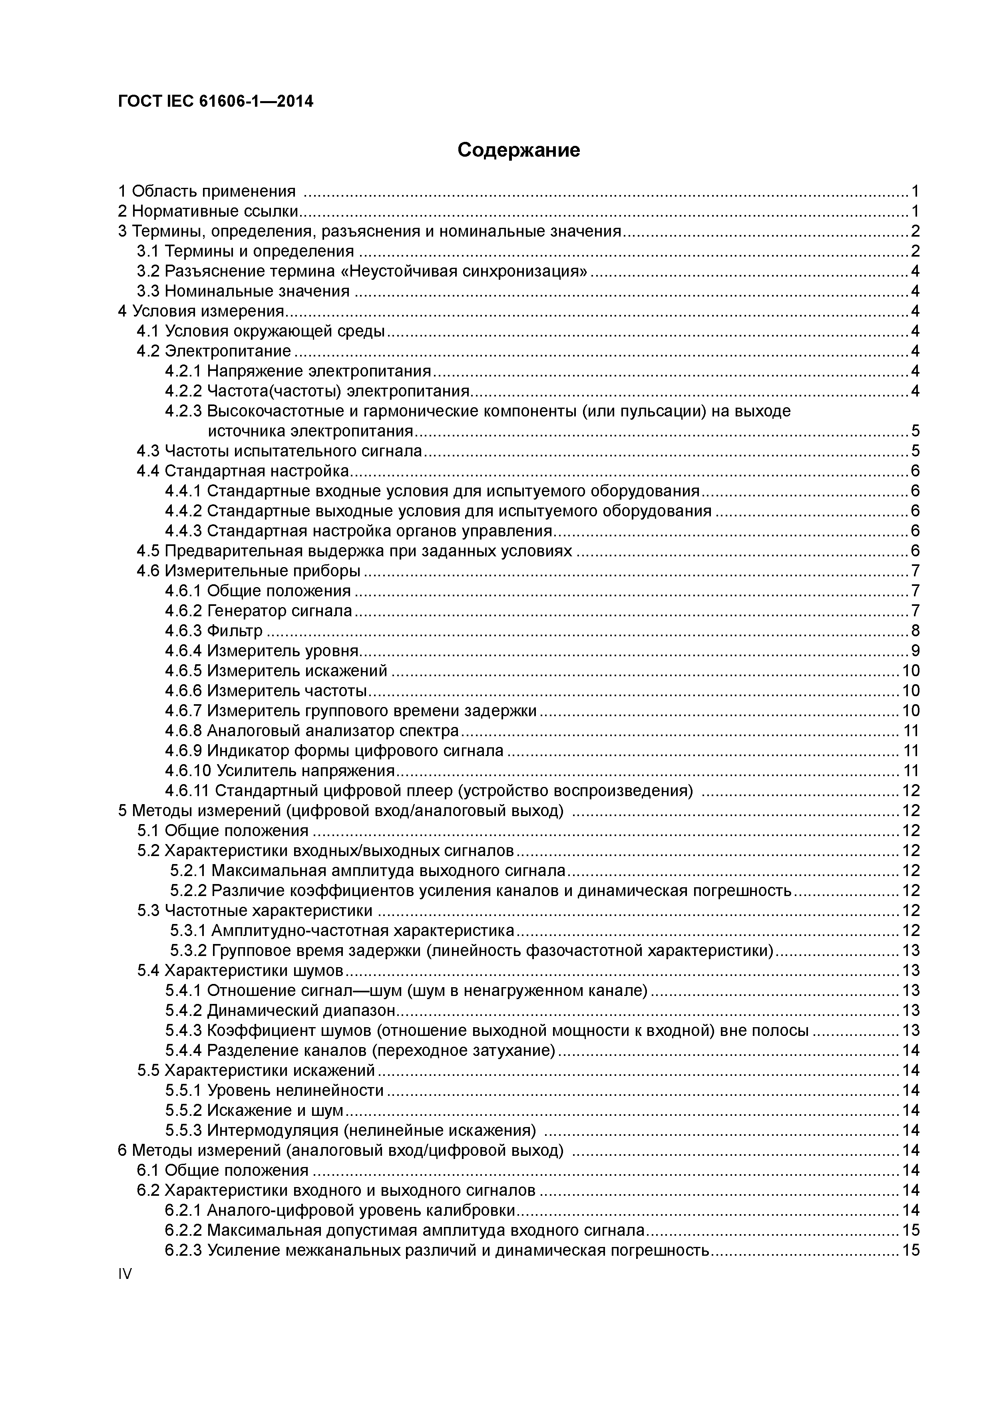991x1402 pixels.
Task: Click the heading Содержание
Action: [x=518, y=150]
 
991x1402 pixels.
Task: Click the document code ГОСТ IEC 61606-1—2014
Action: [x=215, y=102]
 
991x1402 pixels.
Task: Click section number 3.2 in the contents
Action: [x=148, y=271]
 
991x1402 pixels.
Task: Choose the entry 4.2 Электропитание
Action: [x=214, y=351]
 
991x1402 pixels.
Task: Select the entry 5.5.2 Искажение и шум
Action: [x=254, y=1110]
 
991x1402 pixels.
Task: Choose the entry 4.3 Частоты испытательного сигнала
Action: [x=279, y=451]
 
